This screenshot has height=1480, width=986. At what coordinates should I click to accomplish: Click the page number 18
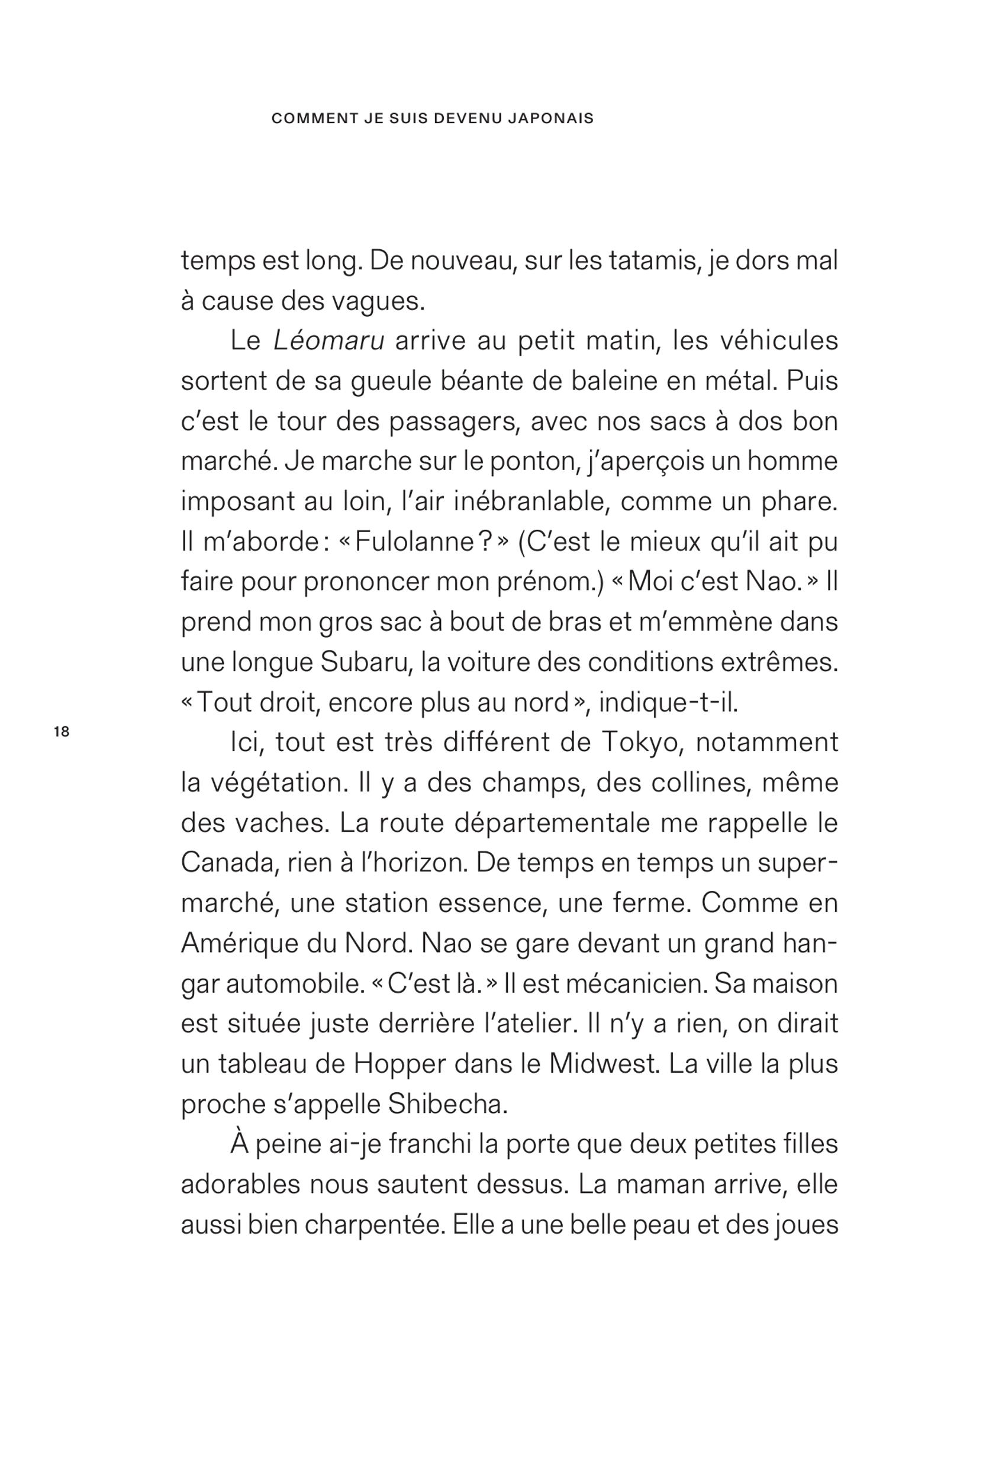[62, 732]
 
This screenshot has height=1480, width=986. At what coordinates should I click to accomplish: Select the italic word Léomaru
[329, 341]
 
